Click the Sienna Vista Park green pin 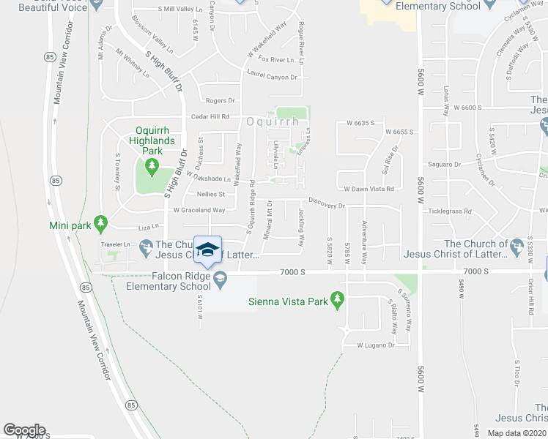[x=337, y=299]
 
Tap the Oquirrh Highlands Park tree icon [x=152, y=167]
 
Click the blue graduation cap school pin [x=208, y=250]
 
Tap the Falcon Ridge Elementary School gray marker [x=219, y=277]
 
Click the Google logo [x=24, y=430]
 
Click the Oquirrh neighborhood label [x=273, y=121]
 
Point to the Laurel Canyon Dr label [x=273, y=75]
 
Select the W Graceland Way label [x=199, y=210]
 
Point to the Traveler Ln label [x=116, y=244]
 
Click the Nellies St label [x=211, y=194]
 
